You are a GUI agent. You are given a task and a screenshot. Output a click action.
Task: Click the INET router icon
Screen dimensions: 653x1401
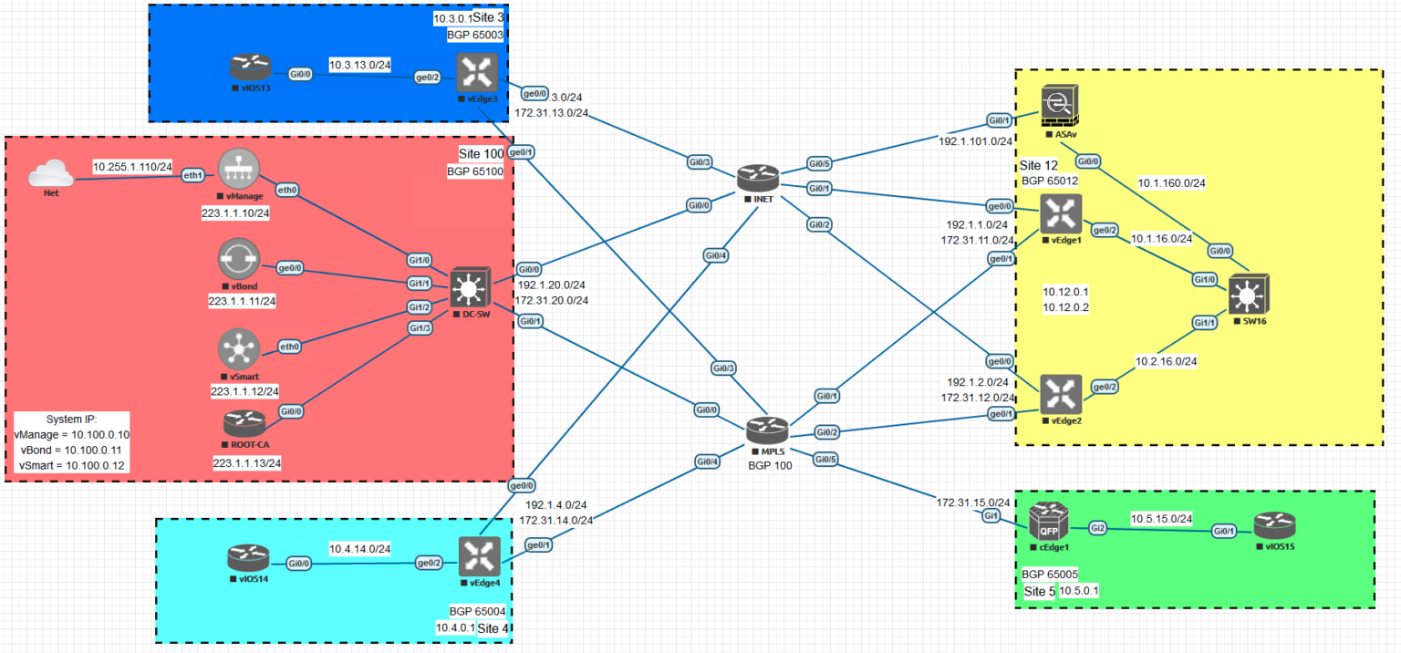point(759,179)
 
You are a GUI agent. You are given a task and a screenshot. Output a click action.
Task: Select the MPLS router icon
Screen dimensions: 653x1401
point(765,430)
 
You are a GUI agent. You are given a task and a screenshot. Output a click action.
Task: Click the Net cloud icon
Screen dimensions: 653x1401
point(49,173)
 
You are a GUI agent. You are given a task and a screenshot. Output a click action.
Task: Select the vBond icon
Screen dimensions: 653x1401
point(239,260)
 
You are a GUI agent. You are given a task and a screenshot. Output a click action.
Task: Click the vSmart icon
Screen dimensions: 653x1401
point(239,349)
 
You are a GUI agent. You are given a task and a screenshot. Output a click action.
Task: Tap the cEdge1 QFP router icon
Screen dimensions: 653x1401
point(1048,523)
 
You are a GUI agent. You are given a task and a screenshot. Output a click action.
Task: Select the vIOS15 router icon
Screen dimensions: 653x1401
point(1273,525)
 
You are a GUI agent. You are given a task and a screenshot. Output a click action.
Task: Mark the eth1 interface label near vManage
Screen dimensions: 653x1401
point(192,175)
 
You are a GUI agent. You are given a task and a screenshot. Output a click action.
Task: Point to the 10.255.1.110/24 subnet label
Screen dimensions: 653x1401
point(132,167)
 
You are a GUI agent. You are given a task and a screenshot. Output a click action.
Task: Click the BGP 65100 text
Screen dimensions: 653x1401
point(474,171)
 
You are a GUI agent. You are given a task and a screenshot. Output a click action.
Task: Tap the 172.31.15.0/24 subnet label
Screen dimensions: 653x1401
point(973,503)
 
